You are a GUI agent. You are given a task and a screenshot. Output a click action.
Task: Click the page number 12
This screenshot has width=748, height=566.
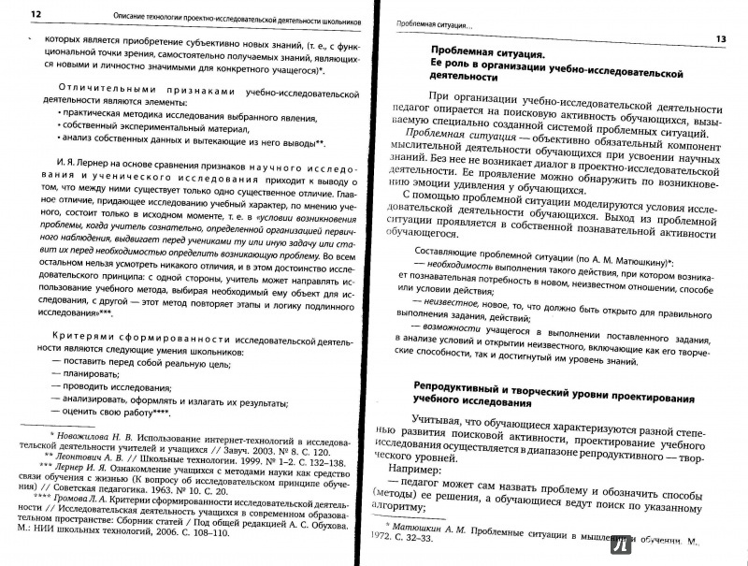(36, 16)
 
